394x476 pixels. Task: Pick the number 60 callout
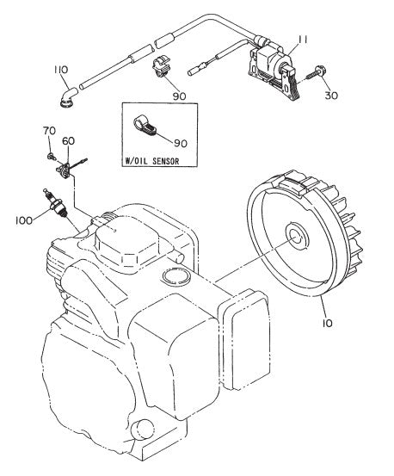coord(68,140)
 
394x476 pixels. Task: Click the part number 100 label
coord(23,220)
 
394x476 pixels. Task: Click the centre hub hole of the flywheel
coord(295,237)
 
